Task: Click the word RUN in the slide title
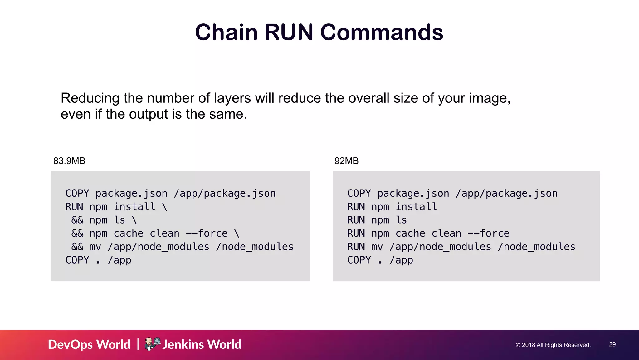point(289,32)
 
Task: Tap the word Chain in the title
point(226,32)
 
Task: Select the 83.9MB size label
point(69,161)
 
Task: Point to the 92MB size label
point(346,161)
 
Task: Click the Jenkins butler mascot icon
point(152,344)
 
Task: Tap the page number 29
point(612,344)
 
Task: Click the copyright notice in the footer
point(553,345)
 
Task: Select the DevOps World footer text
point(89,344)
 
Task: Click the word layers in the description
point(232,98)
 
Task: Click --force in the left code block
point(207,234)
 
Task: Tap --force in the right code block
point(488,234)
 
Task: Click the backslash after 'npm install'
point(164,207)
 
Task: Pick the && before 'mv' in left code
point(77,247)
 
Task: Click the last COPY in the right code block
point(359,260)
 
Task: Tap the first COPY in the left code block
point(77,194)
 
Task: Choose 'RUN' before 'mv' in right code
point(356,247)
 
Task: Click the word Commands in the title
point(382,32)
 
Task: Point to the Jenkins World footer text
point(202,344)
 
